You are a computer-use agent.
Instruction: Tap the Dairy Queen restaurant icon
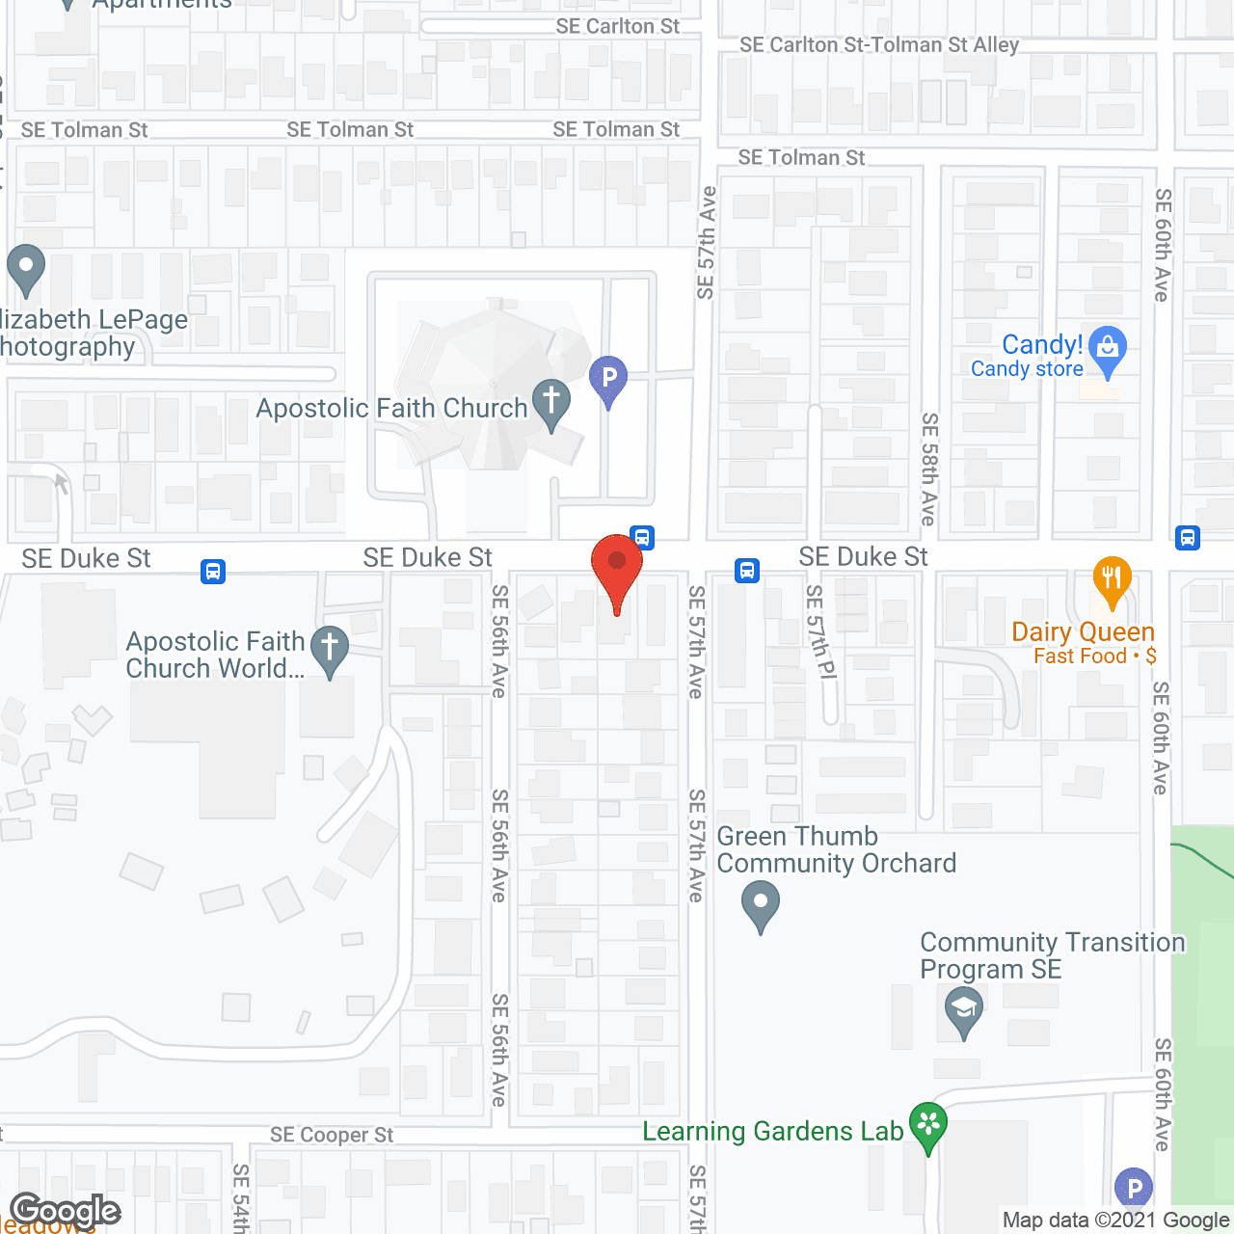1112,578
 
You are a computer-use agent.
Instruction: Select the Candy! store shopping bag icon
1108,349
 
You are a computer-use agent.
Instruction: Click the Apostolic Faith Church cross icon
551,401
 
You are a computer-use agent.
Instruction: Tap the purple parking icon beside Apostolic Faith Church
608,378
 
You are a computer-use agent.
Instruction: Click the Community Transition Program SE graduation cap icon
963,1010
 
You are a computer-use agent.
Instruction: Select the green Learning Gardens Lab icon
928,1124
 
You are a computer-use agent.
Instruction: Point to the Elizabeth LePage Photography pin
26,267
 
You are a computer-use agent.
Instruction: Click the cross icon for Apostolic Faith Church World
330,648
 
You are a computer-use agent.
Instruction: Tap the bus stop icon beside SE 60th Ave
1188,538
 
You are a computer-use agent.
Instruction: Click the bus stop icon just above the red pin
643,537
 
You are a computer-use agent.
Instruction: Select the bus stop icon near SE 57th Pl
747,571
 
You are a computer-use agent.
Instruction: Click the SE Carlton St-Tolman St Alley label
878,45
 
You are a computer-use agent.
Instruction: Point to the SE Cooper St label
332,1135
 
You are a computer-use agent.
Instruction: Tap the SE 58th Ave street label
928,469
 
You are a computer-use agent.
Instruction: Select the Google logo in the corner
65,1211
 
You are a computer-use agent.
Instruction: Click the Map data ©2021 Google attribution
1115,1221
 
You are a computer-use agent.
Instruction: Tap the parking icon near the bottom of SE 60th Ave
1133,1189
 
